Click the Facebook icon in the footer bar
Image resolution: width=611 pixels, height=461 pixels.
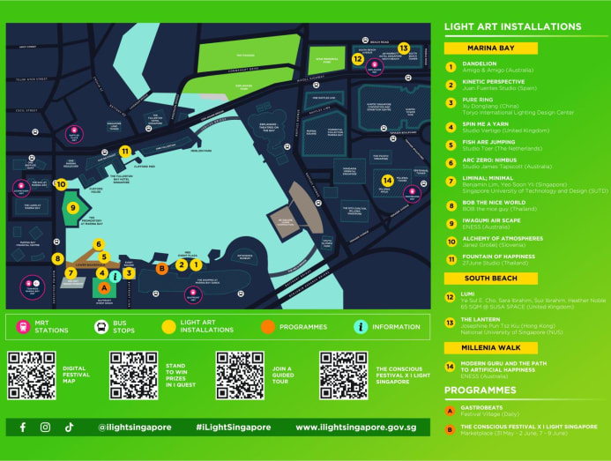point(23,427)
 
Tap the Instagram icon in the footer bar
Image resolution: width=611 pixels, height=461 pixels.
point(46,427)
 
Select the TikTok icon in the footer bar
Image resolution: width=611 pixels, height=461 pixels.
point(69,427)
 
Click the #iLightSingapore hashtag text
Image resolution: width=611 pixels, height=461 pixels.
point(233,427)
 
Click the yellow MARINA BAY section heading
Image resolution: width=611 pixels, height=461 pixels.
point(491,48)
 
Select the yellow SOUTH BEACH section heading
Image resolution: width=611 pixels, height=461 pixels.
point(491,278)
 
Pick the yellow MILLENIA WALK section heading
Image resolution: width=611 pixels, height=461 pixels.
point(491,347)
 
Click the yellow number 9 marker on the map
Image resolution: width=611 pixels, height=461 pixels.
point(74,207)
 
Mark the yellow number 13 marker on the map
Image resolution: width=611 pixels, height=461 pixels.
point(403,48)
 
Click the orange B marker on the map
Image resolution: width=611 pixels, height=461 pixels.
point(161,268)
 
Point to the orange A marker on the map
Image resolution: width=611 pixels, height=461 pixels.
point(103,287)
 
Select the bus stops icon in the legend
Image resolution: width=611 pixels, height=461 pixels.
point(101,326)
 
